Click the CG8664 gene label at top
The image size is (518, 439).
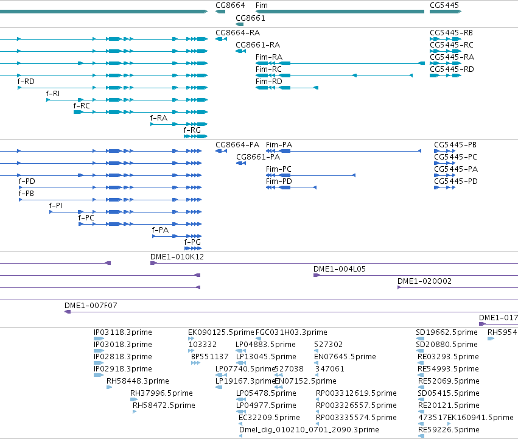tap(230, 5)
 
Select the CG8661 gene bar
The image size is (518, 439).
tap(239, 24)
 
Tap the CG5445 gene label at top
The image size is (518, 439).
tap(444, 5)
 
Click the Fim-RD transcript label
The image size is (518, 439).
tap(269, 82)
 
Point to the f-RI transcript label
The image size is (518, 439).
tap(53, 94)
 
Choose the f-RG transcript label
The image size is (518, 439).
tap(192, 130)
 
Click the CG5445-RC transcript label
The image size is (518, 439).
tap(452, 44)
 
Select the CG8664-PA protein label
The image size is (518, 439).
tap(237, 145)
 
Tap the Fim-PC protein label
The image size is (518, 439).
tap(279, 169)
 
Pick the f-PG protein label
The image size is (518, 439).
tap(192, 242)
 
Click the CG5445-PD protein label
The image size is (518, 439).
tap(456, 181)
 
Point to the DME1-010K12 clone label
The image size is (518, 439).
tap(177, 257)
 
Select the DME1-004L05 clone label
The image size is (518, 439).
tap(340, 269)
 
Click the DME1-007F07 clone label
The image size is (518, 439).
tap(91, 306)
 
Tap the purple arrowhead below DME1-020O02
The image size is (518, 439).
tap(399, 287)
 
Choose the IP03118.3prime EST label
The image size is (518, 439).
tap(123, 332)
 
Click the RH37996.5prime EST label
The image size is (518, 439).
tap(161, 393)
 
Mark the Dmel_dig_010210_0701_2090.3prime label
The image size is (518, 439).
tap(309, 430)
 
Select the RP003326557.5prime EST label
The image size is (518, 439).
tap(356, 406)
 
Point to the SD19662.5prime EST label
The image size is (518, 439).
tap(447, 332)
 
